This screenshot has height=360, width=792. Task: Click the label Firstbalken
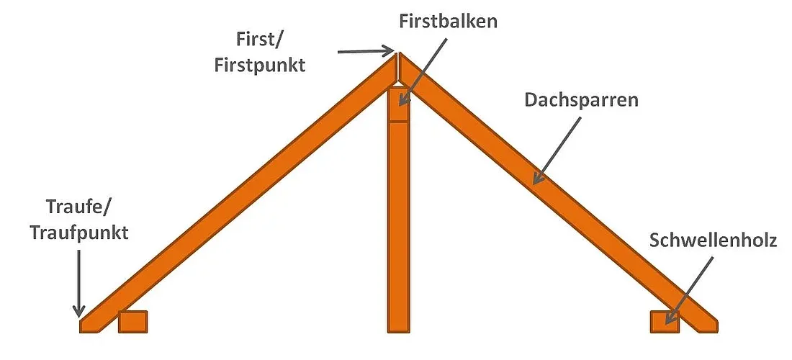pyautogui.click(x=448, y=22)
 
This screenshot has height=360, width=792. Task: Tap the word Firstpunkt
pyautogui.click(x=260, y=66)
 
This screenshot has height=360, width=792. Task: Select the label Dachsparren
pyautogui.click(x=581, y=100)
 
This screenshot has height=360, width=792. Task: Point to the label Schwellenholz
pyautogui.click(x=713, y=240)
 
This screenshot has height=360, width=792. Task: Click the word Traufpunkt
pyautogui.click(x=79, y=233)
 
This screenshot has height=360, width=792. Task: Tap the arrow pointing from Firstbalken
pyautogui.click(x=424, y=70)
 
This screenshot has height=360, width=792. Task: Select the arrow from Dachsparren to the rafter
pyautogui.click(x=557, y=150)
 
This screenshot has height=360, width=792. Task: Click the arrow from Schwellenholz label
pyautogui.click(x=689, y=290)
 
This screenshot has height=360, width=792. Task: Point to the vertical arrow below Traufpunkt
pyautogui.click(x=78, y=283)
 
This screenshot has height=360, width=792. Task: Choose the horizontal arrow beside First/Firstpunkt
pyautogui.click(x=366, y=51)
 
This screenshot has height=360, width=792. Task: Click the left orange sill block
pyautogui.click(x=133, y=322)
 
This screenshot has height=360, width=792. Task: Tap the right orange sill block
pyautogui.click(x=665, y=322)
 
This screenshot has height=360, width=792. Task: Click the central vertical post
pyautogui.click(x=399, y=228)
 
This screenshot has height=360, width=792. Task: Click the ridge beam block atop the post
pyautogui.click(x=399, y=104)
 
